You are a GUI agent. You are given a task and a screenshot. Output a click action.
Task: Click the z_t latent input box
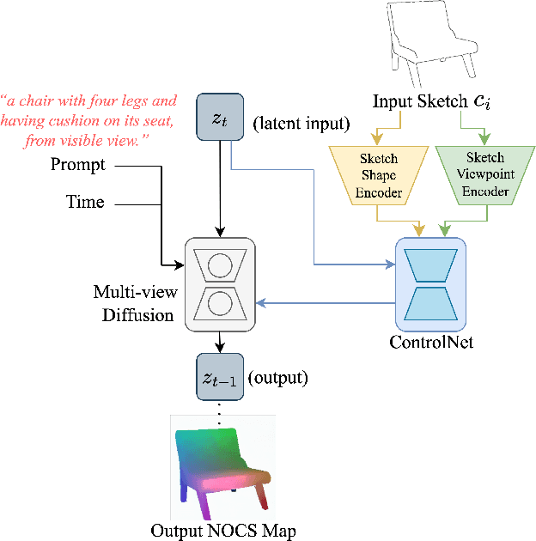pos(221,117)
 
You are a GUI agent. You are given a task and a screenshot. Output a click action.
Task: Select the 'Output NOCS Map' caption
pos(223,531)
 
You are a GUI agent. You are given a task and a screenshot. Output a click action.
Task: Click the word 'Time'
pos(85,203)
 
